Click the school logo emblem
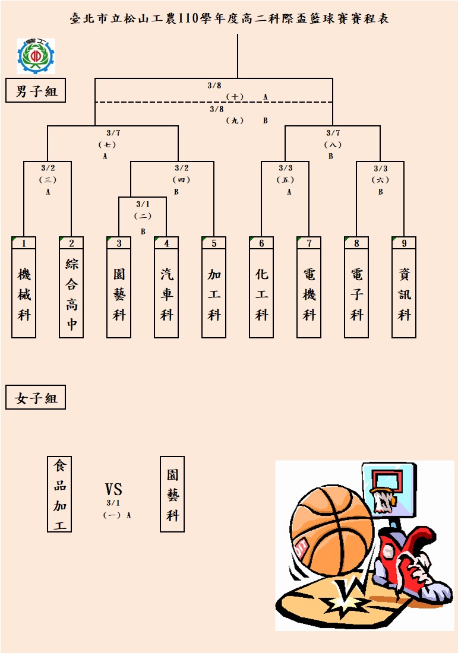36,56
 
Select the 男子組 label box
36,90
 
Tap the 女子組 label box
36,397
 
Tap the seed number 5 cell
214,243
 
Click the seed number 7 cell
309,243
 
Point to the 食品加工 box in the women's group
59,494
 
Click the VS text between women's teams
113,489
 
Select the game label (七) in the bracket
107,145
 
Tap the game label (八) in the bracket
333,145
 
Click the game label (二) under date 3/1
143,216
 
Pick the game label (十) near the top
235,97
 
